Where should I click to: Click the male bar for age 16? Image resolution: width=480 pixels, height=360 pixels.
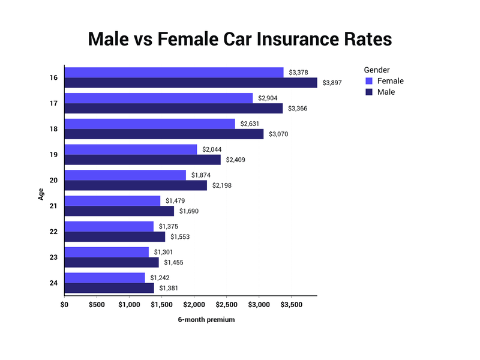(x=191, y=83)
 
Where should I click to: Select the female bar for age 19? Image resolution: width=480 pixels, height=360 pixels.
(x=131, y=149)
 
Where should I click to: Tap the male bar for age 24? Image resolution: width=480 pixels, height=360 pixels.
(x=109, y=288)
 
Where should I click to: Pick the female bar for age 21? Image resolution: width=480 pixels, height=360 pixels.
(x=113, y=200)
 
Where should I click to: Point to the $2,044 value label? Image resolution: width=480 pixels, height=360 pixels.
(x=212, y=149)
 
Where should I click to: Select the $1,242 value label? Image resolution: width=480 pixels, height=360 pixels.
(x=160, y=278)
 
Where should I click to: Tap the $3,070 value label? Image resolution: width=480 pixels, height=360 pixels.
(x=278, y=134)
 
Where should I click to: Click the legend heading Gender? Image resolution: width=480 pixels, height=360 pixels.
(x=377, y=70)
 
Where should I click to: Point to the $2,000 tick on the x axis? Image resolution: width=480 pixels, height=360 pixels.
(x=194, y=304)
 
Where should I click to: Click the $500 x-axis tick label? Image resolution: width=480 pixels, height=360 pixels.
(x=97, y=304)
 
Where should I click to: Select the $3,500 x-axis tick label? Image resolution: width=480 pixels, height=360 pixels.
(x=291, y=304)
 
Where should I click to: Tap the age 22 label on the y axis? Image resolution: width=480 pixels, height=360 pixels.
(x=54, y=232)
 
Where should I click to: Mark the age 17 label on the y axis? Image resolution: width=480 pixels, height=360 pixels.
(x=54, y=103)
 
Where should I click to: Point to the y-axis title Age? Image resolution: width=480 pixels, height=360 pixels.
(x=41, y=194)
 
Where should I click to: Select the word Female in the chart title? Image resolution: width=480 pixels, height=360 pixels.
(x=180, y=40)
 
